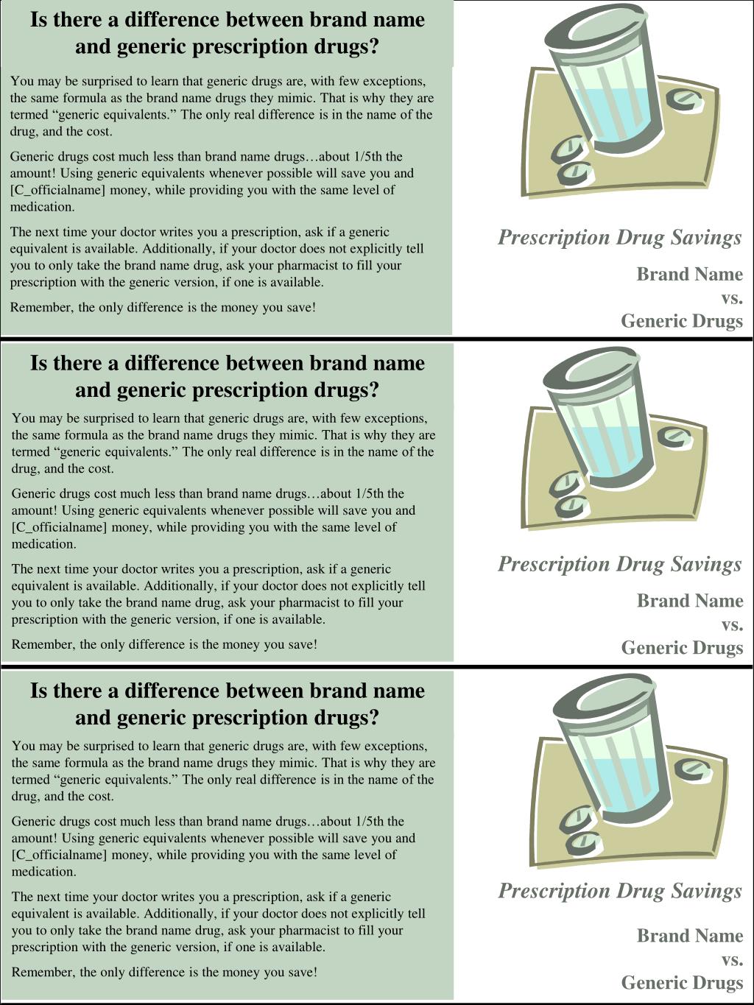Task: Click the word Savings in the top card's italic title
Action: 706,237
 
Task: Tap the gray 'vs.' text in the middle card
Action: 731,624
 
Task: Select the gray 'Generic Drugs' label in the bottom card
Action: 682,982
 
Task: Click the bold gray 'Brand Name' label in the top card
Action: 689,274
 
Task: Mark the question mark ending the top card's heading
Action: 373,46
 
